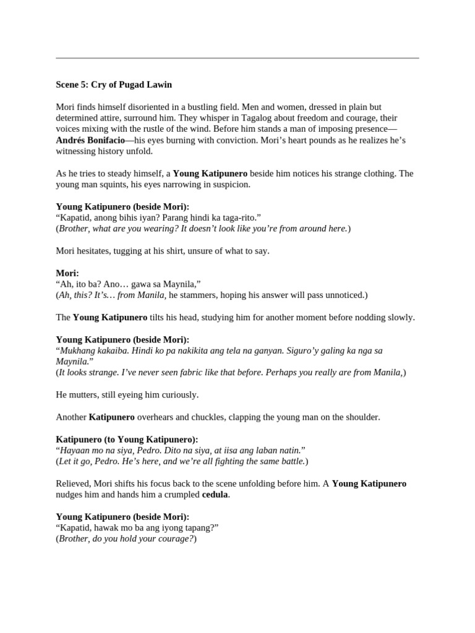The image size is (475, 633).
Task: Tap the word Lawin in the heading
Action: pyautogui.click(x=158, y=84)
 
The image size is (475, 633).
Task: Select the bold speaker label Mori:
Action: pyautogui.click(x=67, y=273)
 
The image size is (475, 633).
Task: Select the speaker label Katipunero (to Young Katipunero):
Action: pyautogui.click(x=127, y=440)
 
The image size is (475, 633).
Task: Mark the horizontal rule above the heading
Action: pyautogui.click(x=237, y=59)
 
